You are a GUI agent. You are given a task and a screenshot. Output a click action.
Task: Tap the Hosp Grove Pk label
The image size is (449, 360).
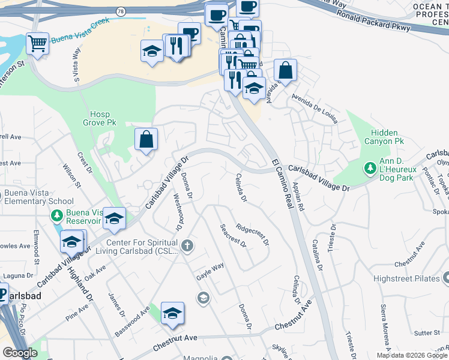point(103,118)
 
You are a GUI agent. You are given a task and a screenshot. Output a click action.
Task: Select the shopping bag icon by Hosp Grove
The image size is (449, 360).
point(146,140)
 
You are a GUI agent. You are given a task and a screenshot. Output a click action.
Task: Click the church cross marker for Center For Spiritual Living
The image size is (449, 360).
point(188,245)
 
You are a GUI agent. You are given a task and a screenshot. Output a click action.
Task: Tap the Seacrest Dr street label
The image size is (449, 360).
point(233,235)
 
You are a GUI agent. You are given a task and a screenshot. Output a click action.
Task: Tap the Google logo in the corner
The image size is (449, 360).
point(20,353)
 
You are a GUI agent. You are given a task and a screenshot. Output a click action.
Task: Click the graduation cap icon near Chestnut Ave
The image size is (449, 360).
point(172,313)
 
